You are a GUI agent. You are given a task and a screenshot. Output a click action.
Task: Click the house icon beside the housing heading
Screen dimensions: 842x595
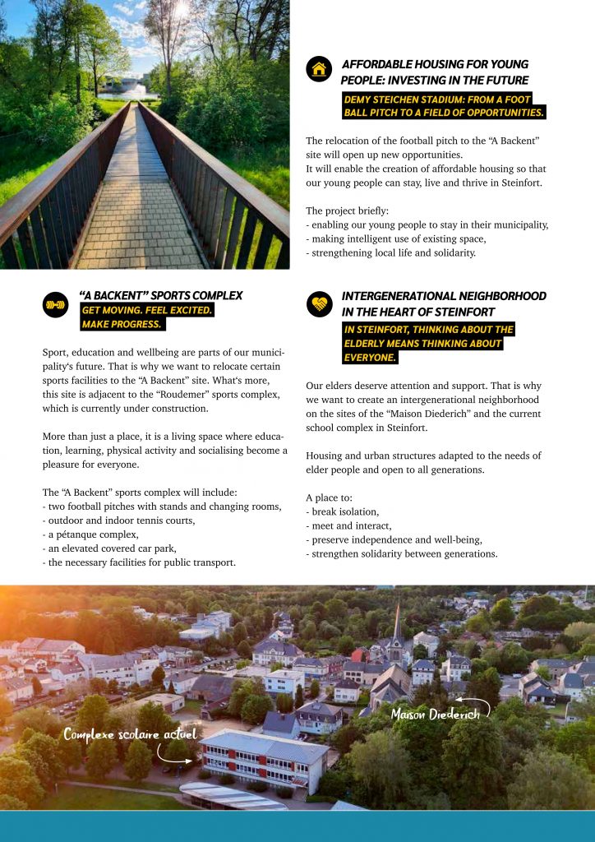coord(319,69)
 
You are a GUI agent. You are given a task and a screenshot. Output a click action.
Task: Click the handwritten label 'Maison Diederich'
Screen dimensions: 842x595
coord(435,713)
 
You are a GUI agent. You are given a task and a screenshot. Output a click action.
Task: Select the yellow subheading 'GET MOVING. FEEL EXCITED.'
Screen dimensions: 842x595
coord(147,310)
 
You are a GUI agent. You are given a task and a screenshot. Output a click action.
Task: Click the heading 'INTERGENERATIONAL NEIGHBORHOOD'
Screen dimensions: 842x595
coord(444,296)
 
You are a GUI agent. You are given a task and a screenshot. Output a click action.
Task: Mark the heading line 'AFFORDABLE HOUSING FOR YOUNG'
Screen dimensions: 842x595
coord(435,64)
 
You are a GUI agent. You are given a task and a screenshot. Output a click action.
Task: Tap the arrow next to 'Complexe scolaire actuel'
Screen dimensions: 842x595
coord(175,754)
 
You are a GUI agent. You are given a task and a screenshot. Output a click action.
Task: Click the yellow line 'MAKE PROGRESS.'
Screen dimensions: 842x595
coord(122,324)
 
